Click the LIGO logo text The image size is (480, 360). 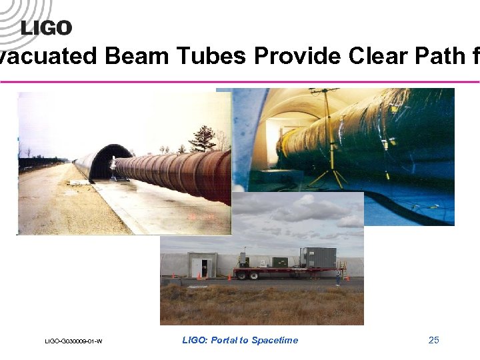point(46,27)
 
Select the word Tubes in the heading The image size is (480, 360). point(213,57)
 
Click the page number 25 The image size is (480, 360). point(434,341)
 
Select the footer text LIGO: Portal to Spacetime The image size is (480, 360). point(240,341)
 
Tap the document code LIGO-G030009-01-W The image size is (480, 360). point(73,341)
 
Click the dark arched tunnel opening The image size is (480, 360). point(100,163)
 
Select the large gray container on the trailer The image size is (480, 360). point(318,257)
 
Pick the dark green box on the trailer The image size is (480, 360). point(281,263)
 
